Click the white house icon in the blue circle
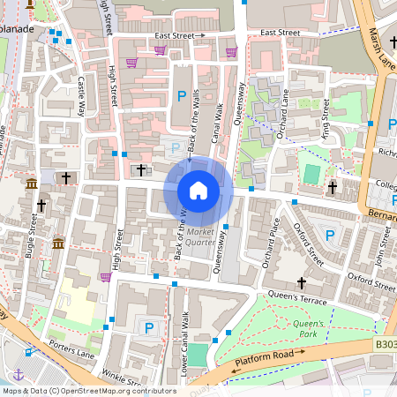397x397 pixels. click(198, 191)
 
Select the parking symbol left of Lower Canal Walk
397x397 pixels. click(149, 328)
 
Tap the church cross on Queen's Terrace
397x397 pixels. click(302, 283)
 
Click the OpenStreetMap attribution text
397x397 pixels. click(89, 391)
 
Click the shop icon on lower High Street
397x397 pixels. click(106, 277)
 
